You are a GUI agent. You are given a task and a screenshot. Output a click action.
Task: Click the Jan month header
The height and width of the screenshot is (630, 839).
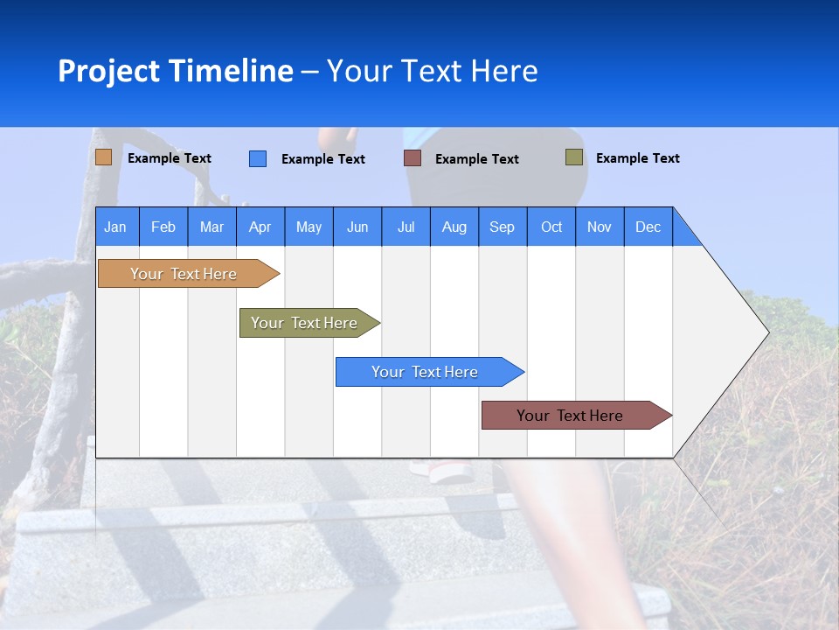coord(116,227)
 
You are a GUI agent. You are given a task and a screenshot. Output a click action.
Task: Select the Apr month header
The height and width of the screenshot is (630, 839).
coord(260,227)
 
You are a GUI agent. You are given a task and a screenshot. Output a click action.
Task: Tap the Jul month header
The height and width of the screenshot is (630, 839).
coord(406,227)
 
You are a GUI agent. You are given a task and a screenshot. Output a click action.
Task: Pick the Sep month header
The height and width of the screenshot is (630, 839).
coord(502,227)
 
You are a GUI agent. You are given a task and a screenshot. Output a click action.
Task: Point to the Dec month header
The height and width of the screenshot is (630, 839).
coord(648,227)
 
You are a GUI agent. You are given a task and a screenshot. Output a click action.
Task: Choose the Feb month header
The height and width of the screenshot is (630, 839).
coord(163,227)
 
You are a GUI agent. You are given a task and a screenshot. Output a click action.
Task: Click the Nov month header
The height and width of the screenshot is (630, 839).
coord(600,227)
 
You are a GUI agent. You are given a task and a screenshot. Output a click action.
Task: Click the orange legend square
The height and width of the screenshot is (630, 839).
coord(104,157)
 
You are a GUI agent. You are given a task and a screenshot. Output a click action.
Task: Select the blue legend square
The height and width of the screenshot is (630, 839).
coord(258,158)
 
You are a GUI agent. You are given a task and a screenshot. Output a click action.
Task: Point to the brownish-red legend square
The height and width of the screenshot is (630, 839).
coord(413,158)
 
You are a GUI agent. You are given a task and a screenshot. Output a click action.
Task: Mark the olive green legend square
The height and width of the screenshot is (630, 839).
coord(574,157)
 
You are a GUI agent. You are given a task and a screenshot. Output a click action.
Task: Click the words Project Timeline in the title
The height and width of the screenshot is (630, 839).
coord(175,71)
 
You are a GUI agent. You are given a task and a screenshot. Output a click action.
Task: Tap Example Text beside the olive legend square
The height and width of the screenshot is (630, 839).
coord(637,158)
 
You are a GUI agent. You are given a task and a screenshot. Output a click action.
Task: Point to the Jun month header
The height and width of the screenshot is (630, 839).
coord(357,227)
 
